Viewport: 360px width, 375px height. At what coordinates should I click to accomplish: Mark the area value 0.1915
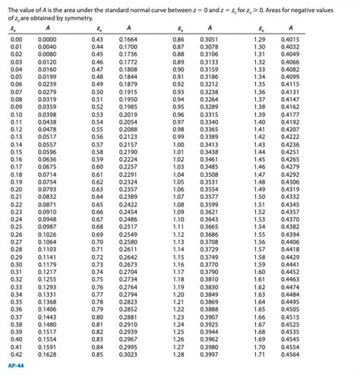(x=128, y=91)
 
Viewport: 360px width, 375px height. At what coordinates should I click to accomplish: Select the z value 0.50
(x=97, y=91)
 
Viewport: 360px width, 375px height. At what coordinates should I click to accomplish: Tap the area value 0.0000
(x=47, y=39)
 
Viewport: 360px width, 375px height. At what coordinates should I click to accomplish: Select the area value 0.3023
(x=128, y=354)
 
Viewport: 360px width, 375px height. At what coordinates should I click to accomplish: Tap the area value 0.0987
(x=47, y=226)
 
